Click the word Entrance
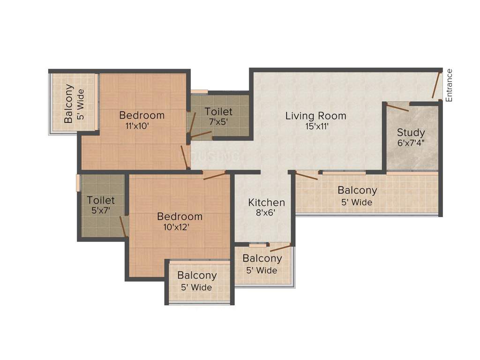point(449,85)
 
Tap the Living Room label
point(316,116)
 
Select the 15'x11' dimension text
point(316,126)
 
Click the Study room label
point(411,132)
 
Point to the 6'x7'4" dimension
point(411,142)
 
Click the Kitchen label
point(266,202)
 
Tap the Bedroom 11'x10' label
point(142,115)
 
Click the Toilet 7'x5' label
point(218,112)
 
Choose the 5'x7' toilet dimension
point(101,211)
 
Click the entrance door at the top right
point(436,85)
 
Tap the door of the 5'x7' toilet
point(123,226)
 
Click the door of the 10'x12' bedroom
point(214,176)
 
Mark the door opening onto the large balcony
point(307,176)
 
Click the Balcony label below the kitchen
point(262,259)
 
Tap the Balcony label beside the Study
point(357,190)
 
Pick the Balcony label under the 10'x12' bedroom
point(197,276)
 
